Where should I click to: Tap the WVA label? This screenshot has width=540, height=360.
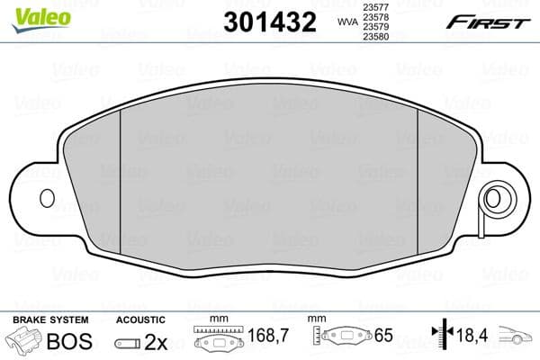(346, 22)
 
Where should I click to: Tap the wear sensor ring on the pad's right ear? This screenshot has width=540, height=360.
(492, 198)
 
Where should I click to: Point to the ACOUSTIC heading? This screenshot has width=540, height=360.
(140, 319)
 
